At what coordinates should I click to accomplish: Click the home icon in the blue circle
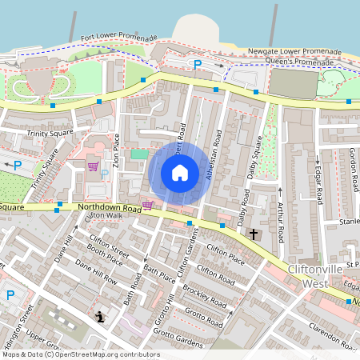tap(180, 173)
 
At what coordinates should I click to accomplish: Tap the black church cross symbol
tap(254, 234)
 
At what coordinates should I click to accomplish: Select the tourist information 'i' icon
tap(98, 318)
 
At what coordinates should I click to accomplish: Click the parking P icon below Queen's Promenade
tap(197, 64)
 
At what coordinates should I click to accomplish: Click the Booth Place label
tap(105, 258)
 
